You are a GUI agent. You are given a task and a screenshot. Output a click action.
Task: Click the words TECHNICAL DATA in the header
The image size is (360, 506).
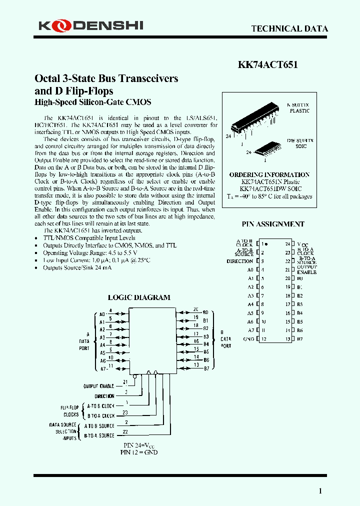coord(289,28)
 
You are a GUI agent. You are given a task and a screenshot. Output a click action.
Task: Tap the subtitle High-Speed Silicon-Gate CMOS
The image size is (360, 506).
coord(92,102)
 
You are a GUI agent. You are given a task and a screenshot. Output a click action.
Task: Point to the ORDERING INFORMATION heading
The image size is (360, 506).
coord(269,174)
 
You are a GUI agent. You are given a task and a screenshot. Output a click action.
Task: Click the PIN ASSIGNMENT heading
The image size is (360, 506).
coord(273,224)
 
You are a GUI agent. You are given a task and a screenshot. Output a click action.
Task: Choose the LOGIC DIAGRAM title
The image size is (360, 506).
coord(139,297)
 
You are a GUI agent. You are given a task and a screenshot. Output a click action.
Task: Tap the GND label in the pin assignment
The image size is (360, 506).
coord(248,339)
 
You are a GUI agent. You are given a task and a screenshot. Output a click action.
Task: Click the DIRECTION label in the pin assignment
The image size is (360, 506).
coord(239,261)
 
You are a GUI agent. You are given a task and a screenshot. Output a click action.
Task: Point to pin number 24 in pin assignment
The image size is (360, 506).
coord(287,244)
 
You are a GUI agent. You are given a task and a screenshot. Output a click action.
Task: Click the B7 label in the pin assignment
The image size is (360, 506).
coord(300,339)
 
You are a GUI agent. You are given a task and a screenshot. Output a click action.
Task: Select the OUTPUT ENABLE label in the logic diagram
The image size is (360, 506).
coord(98,385)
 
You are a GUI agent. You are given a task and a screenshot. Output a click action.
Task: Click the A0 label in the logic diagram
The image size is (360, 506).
coord(102,314)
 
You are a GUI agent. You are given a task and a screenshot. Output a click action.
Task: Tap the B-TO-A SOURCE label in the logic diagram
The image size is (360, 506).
coord(99,435)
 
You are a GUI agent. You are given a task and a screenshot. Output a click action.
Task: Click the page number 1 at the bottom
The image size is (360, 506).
coord(320,491)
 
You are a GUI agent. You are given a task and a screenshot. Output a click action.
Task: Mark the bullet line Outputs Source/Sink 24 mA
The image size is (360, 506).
coord(77,267)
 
